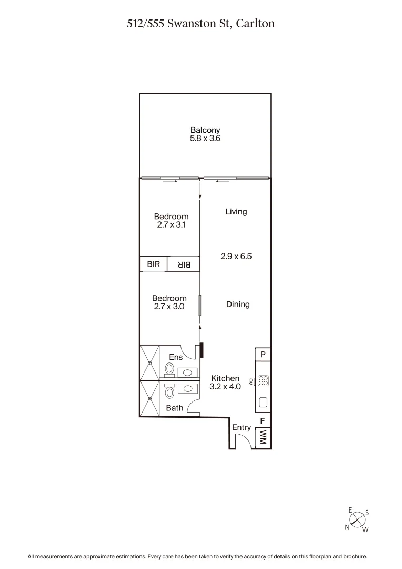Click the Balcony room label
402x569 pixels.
click(x=205, y=130)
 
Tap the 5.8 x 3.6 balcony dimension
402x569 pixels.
click(x=205, y=138)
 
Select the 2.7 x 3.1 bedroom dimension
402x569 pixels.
click(x=171, y=224)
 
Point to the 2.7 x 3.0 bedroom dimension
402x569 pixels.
click(x=169, y=306)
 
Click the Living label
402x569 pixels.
click(x=236, y=212)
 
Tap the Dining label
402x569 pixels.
click(x=238, y=304)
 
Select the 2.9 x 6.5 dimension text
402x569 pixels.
click(x=236, y=256)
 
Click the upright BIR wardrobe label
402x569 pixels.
click(x=153, y=264)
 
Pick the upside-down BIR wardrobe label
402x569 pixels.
click(x=184, y=264)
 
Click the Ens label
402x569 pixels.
click(x=176, y=357)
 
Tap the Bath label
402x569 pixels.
click(x=174, y=408)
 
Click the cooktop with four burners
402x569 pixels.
click(x=263, y=381)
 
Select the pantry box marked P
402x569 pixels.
click(x=263, y=354)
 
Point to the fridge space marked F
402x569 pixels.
click(x=263, y=421)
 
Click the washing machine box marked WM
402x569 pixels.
click(x=263, y=438)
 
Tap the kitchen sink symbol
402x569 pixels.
click(x=263, y=403)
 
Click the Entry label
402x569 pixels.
click(x=242, y=427)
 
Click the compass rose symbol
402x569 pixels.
click(x=357, y=520)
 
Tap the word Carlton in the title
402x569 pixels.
click(x=255, y=24)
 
